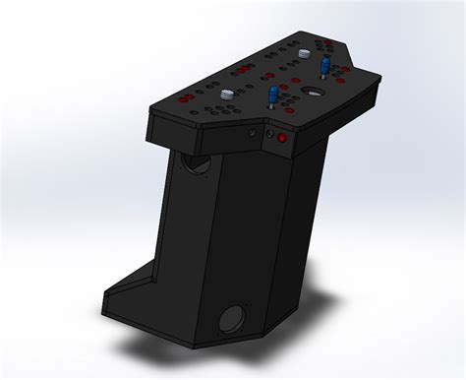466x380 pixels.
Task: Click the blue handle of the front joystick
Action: (x=271, y=93)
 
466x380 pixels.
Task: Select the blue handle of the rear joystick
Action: (x=323, y=65)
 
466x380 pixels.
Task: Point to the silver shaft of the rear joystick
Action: (x=323, y=77)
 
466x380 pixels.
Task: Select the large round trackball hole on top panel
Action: (x=313, y=92)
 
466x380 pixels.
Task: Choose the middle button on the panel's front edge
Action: (x=270, y=136)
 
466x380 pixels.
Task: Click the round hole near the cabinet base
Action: (x=232, y=318)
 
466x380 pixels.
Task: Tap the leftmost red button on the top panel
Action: (x=182, y=99)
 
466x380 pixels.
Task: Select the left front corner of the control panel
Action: (x=148, y=111)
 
